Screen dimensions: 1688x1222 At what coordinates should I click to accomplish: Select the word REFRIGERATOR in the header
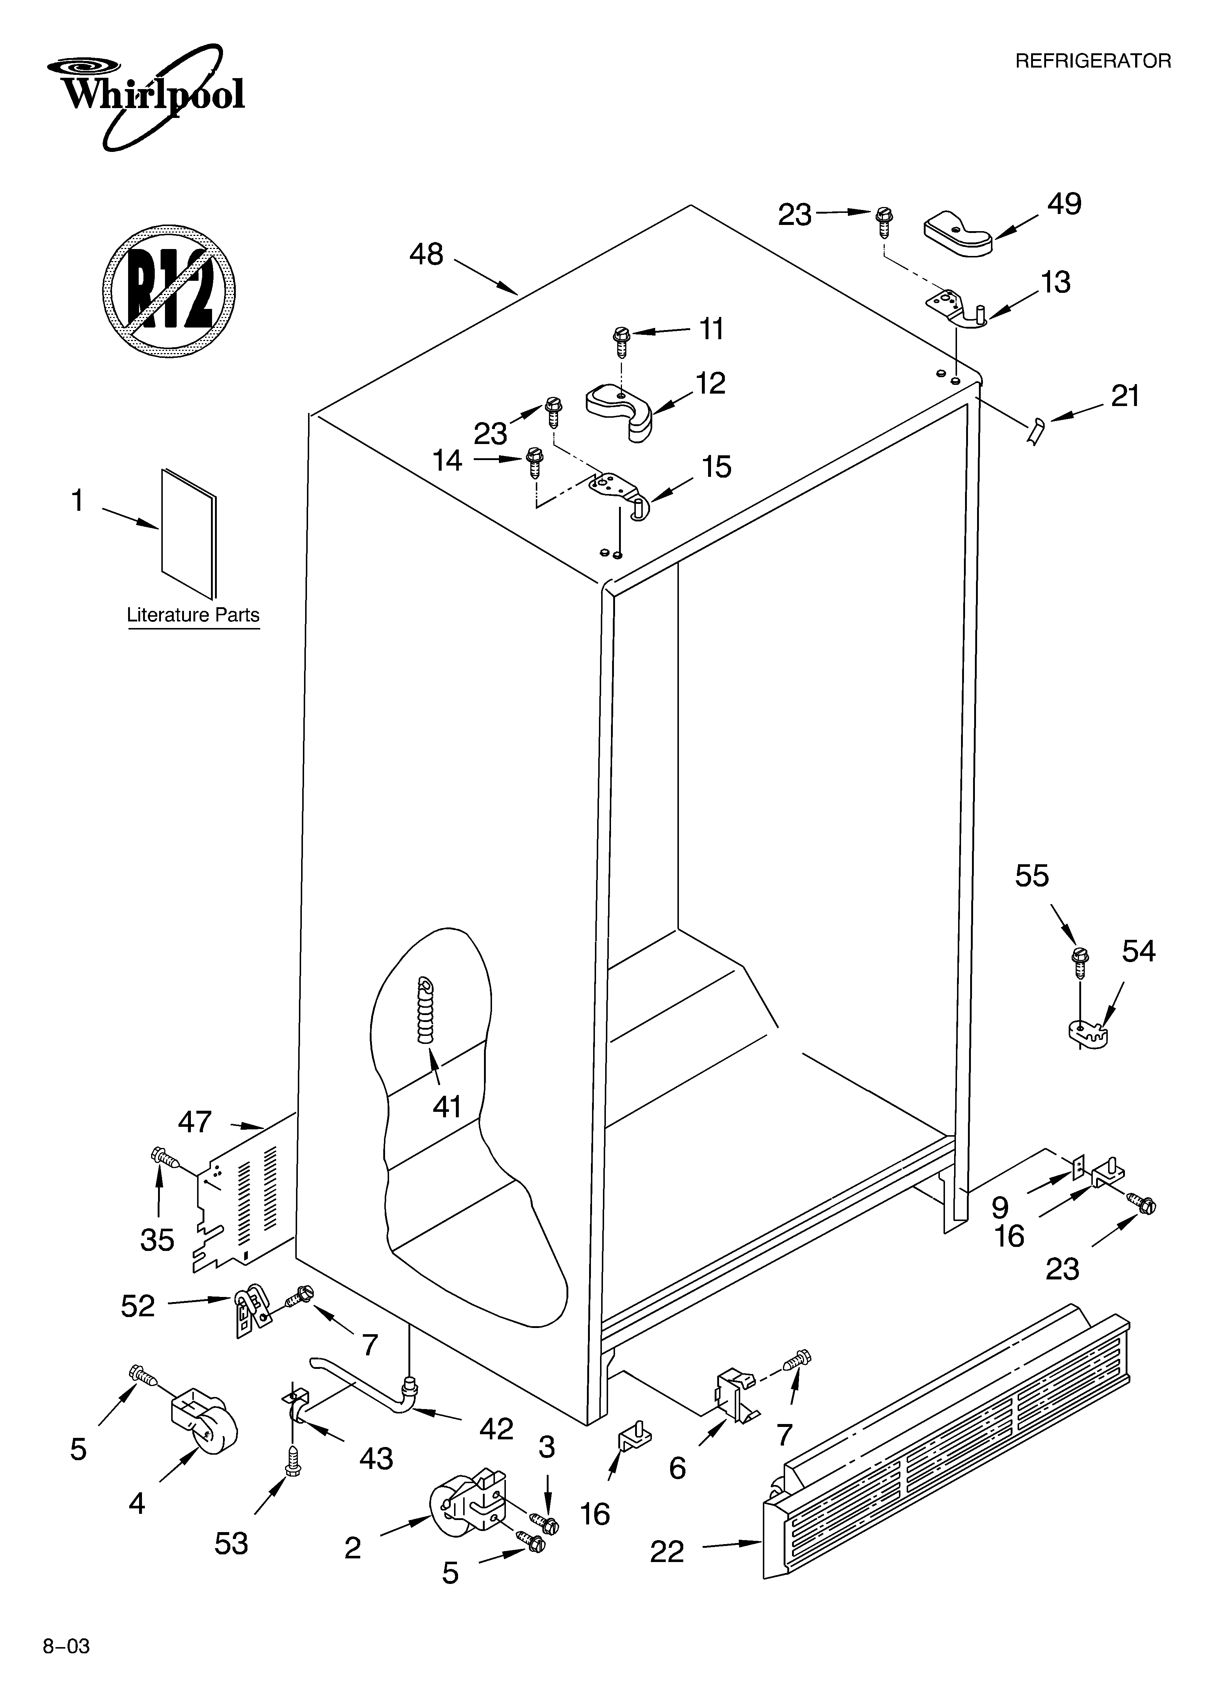[x=1092, y=61]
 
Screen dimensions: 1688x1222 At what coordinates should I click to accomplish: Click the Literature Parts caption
[x=193, y=615]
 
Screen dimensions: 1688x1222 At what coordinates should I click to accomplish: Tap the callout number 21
[x=1125, y=397]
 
